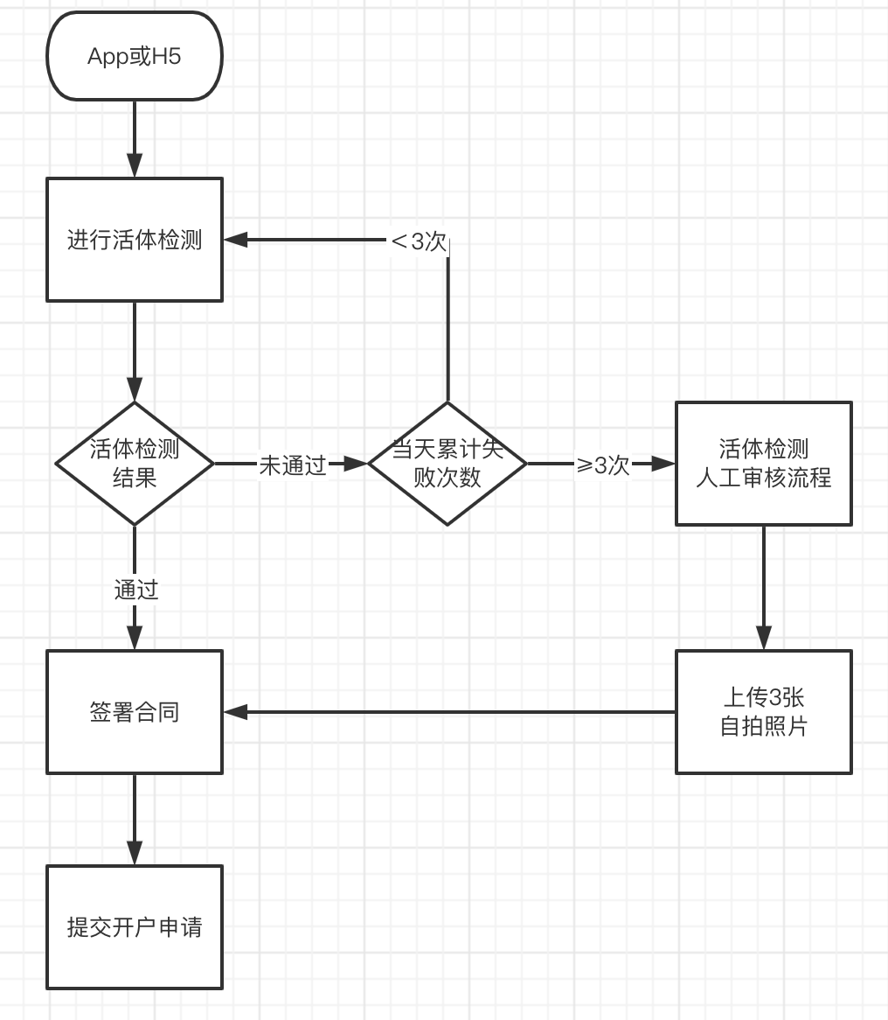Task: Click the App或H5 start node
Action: coord(135,56)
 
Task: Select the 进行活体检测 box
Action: coord(135,240)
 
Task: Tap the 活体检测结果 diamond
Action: coord(135,464)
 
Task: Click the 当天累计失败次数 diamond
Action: coord(447,464)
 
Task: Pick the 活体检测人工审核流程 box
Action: coord(763,464)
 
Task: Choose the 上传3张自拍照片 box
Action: coord(763,712)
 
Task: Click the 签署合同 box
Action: coord(135,712)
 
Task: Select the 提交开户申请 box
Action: coord(135,927)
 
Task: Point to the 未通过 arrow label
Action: coord(293,465)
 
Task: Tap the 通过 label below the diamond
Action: coord(135,590)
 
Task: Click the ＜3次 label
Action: coord(419,241)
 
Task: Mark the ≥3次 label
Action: coord(603,465)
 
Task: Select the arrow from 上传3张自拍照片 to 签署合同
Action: coord(449,712)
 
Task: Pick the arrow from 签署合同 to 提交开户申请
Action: coord(135,819)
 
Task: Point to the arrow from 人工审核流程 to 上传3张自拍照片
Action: coord(763,587)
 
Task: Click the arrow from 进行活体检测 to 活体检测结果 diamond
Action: coord(135,350)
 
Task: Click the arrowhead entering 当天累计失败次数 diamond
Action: coord(357,464)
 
